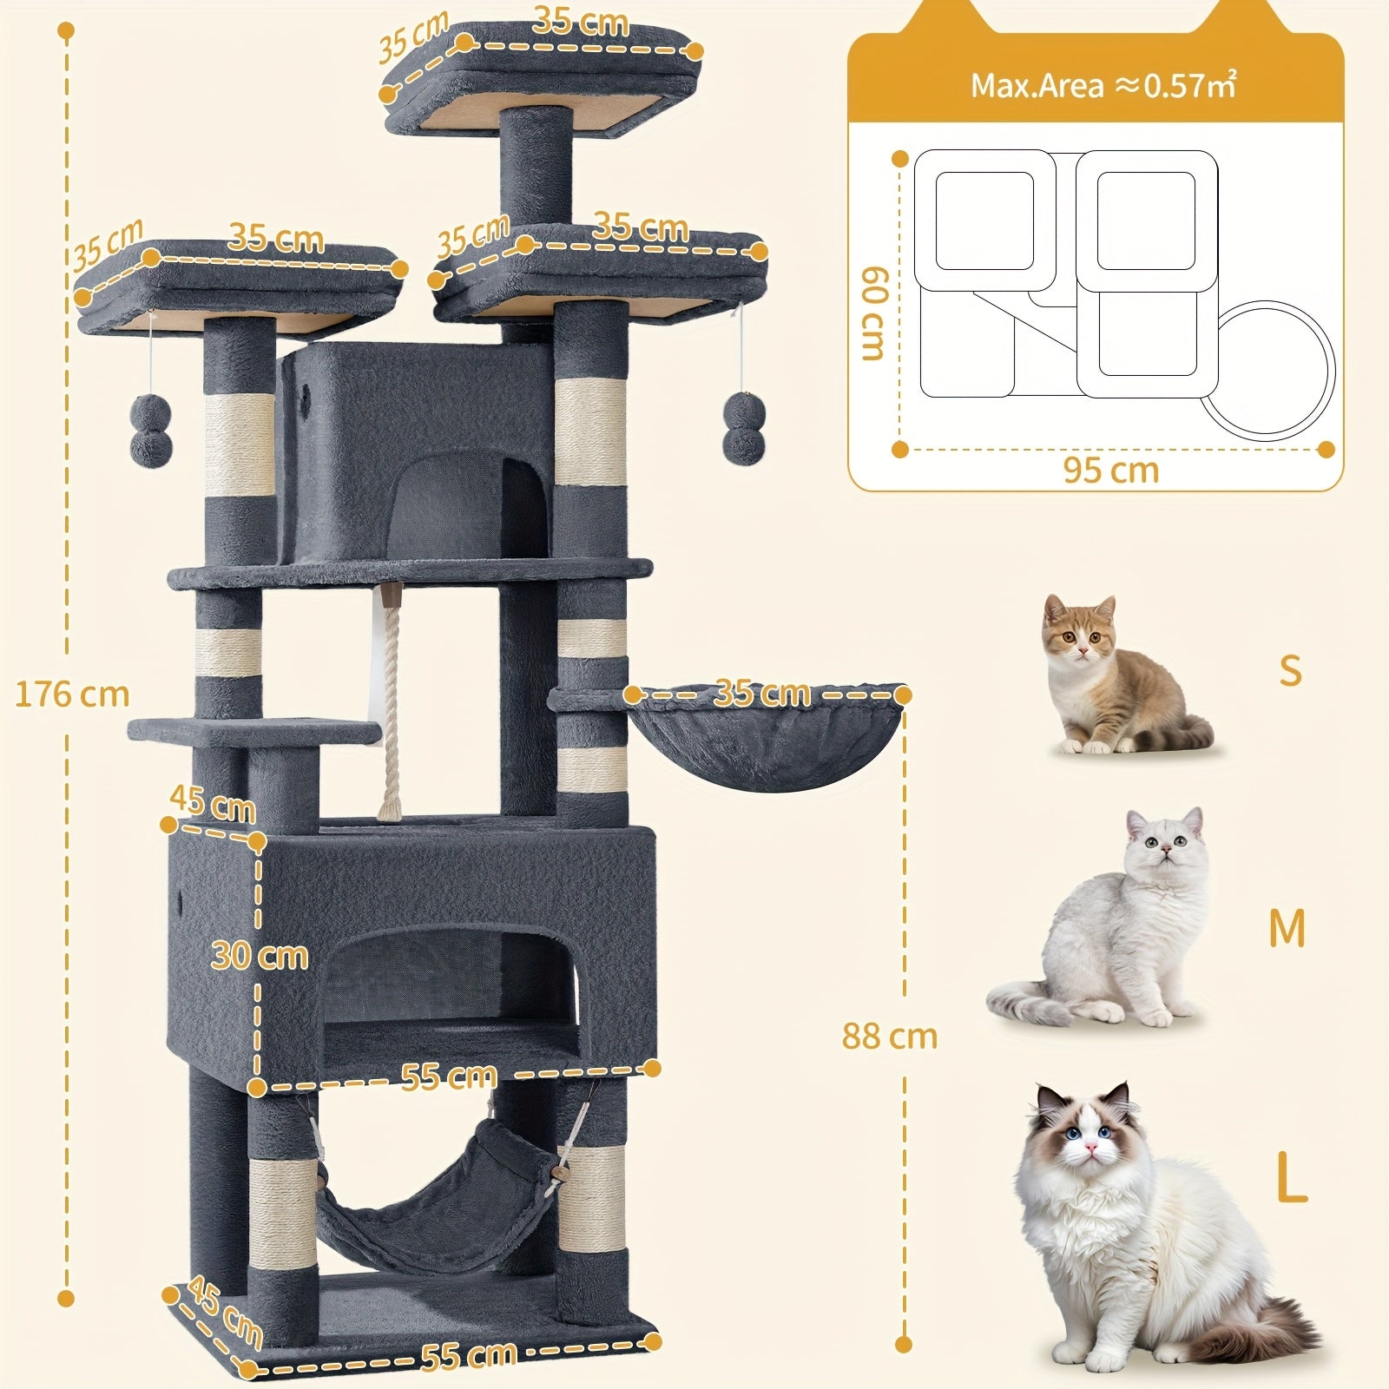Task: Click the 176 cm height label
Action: click(72, 694)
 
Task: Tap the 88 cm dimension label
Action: click(890, 1036)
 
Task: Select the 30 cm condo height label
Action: click(260, 956)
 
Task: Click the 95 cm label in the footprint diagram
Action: click(1111, 471)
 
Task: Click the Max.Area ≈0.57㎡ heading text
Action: click(1103, 85)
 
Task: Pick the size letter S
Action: click(1291, 670)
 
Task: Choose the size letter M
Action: click(1287, 929)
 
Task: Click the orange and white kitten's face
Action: click(1079, 632)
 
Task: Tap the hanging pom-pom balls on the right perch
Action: click(743, 425)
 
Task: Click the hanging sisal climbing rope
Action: click(389, 703)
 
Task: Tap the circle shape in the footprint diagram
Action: click(1267, 365)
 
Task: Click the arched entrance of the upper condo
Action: click(469, 504)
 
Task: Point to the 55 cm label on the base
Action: click(469, 1356)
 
